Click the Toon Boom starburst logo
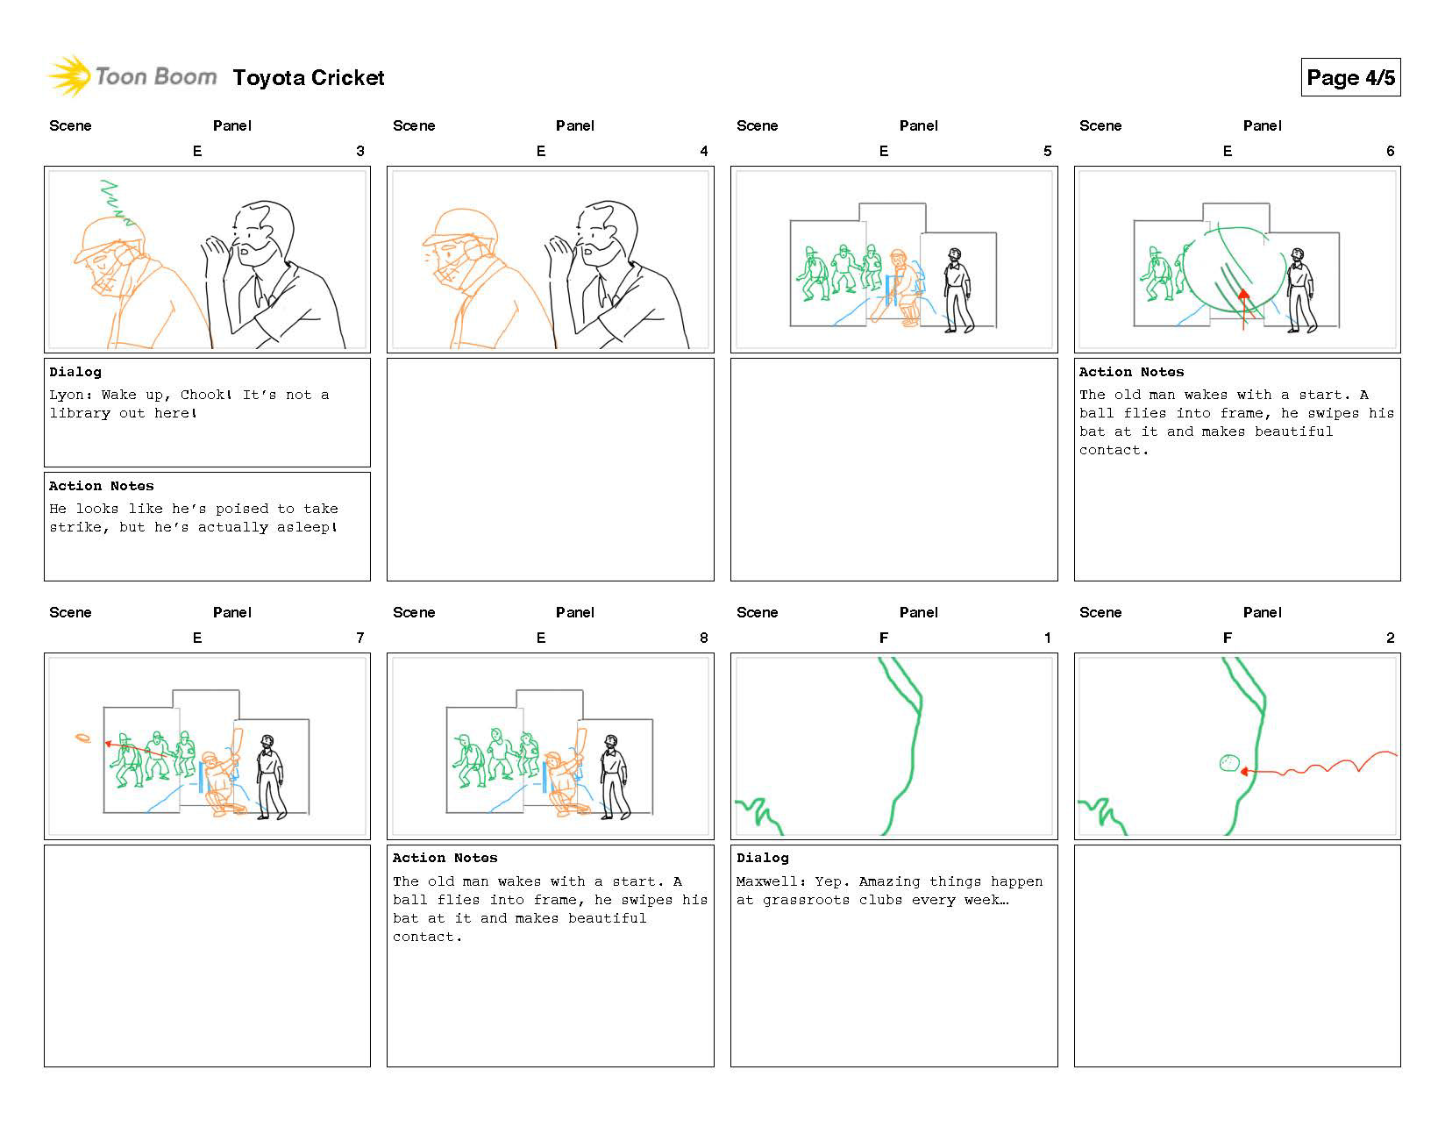[x=69, y=76]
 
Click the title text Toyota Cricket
[x=309, y=78]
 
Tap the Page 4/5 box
[x=1349, y=78]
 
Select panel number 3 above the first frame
[x=359, y=151]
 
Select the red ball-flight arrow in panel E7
[x=136, y=750]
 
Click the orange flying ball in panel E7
[x=83, y=738]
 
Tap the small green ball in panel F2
[x=1228, y=763]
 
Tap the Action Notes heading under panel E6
[x=1131, y=372]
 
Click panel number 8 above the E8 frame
[x=703, y=638]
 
